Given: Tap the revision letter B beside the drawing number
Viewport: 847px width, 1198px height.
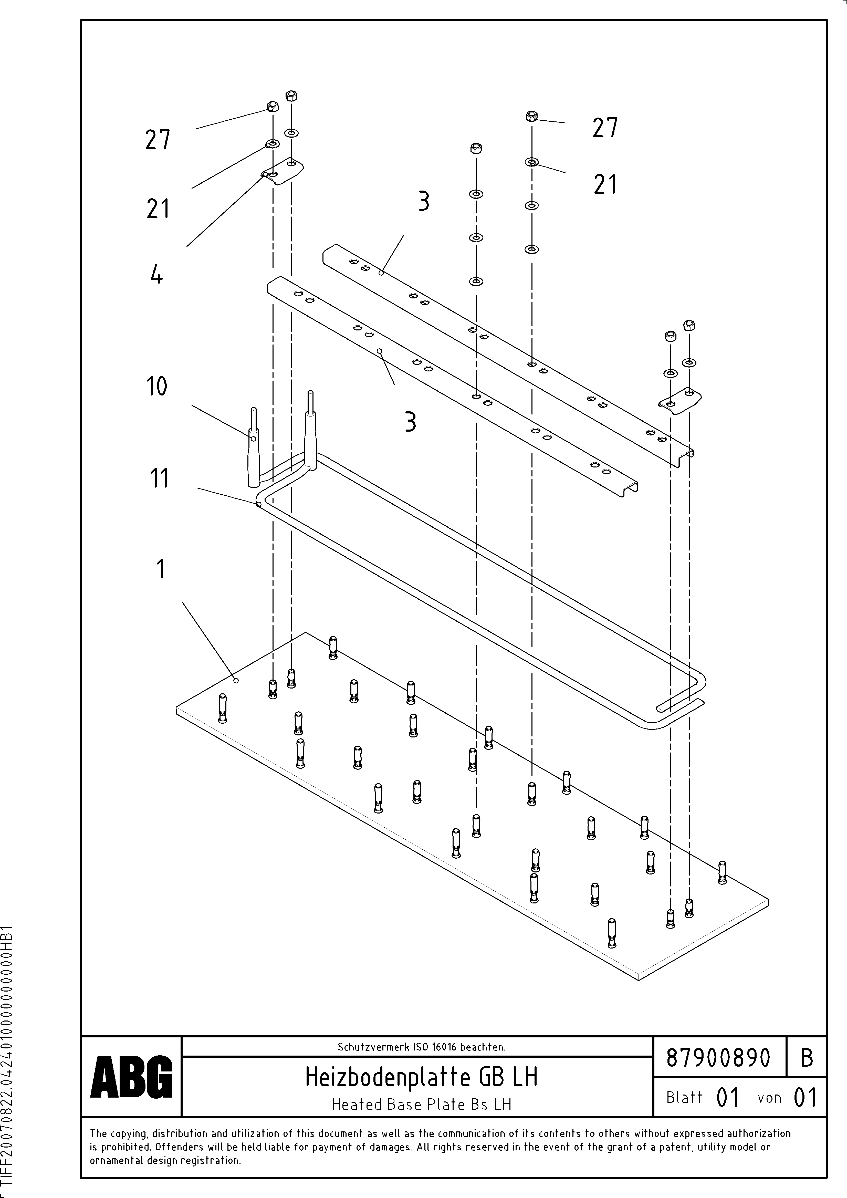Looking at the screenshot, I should [x=806, y=1058].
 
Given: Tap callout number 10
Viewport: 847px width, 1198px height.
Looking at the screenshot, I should [x=156, y=387].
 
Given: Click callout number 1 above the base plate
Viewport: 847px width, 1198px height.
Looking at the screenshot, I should [x=161, y=569].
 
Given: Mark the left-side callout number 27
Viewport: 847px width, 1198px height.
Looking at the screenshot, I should [x=158, y=140].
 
